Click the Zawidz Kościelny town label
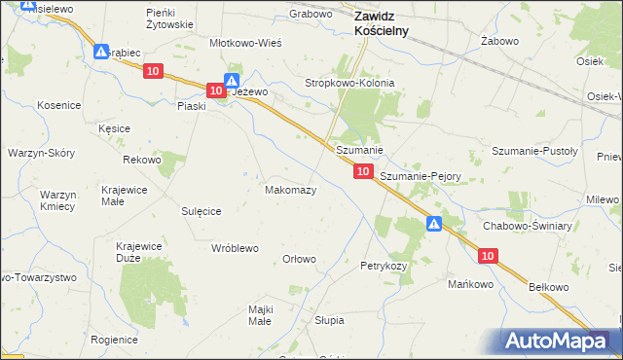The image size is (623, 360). (x=381, y=22)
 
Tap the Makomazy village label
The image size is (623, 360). (x=290, y=190)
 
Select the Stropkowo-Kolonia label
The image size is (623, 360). (x=350, y=84)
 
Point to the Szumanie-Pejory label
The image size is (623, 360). (x=420, y=177)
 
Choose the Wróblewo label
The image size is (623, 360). (x=235, y=248)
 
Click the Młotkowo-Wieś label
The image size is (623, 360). (x=246, y=44)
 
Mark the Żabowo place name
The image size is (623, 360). (x=497, y=42)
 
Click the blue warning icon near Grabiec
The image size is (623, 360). (x=101, y=52)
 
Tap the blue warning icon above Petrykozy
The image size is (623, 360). (x=434, y=225)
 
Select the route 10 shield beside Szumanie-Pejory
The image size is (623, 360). (x=362, y=171)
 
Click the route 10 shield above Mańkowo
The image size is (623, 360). (x=488, y=256)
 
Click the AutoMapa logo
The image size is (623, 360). (x=557, y=341)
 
